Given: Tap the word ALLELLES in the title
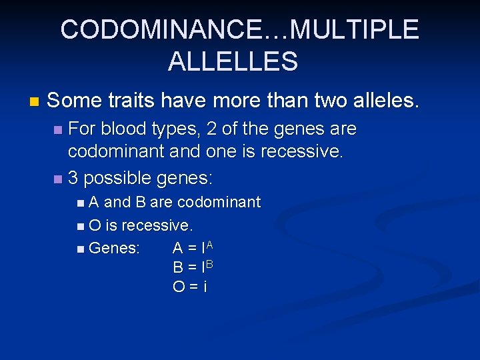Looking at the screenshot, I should click(233, 61).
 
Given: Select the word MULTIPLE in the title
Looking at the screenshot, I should click(355, 30).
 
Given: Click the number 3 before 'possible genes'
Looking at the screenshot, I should click(73, 179).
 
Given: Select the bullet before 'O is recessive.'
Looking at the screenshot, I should click(80, 226).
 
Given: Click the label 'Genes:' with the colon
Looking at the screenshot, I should click(114, 248).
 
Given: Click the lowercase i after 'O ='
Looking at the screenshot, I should click(205, 287).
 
